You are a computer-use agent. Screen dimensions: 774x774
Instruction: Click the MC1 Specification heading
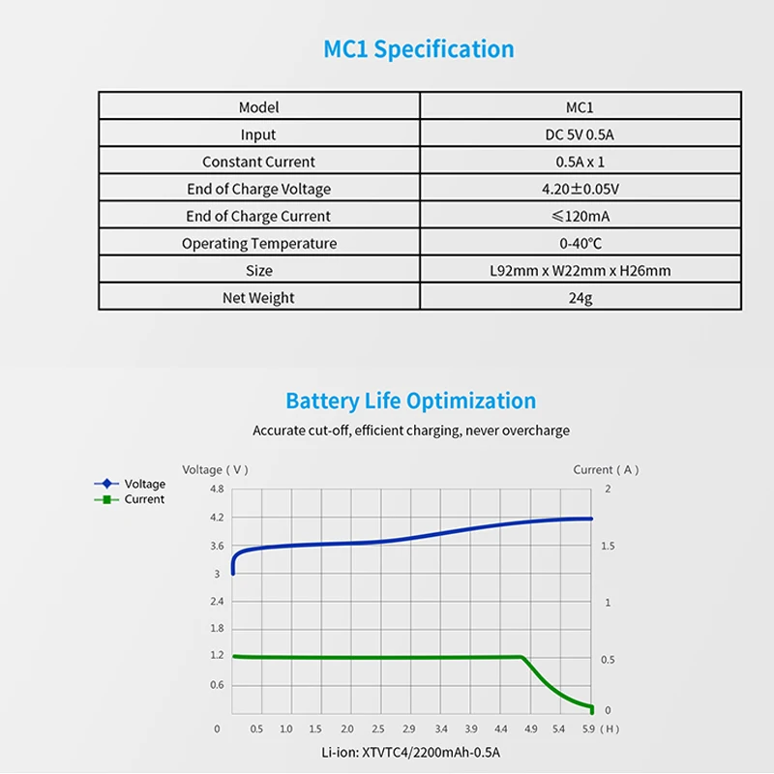418,48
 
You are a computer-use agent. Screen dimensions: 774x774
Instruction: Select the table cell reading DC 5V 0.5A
580,134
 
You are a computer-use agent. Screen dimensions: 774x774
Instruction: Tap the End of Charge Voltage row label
258,189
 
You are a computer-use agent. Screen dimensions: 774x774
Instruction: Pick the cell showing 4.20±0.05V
580,189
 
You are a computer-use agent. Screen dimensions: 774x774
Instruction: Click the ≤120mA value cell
580,216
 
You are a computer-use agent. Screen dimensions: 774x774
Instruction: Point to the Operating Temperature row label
258,243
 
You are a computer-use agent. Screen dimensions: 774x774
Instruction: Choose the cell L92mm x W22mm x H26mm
580,270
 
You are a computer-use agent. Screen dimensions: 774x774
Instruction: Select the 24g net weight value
580,297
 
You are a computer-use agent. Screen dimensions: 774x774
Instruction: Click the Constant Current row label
258,162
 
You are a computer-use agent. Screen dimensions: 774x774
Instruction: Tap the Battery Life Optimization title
410,401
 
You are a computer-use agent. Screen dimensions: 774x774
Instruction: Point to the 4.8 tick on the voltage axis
216,490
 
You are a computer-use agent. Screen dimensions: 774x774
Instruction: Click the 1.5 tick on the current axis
607,547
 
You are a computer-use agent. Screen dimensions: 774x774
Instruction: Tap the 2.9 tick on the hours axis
408,729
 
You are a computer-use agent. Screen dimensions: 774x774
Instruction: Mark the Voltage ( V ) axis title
215,469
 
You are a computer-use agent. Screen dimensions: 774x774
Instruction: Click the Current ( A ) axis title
606,469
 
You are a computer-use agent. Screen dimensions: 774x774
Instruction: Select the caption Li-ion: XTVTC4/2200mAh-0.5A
411,752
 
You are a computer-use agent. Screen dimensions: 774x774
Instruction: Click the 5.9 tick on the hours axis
588,729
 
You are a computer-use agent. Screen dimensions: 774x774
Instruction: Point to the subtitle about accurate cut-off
411,430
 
